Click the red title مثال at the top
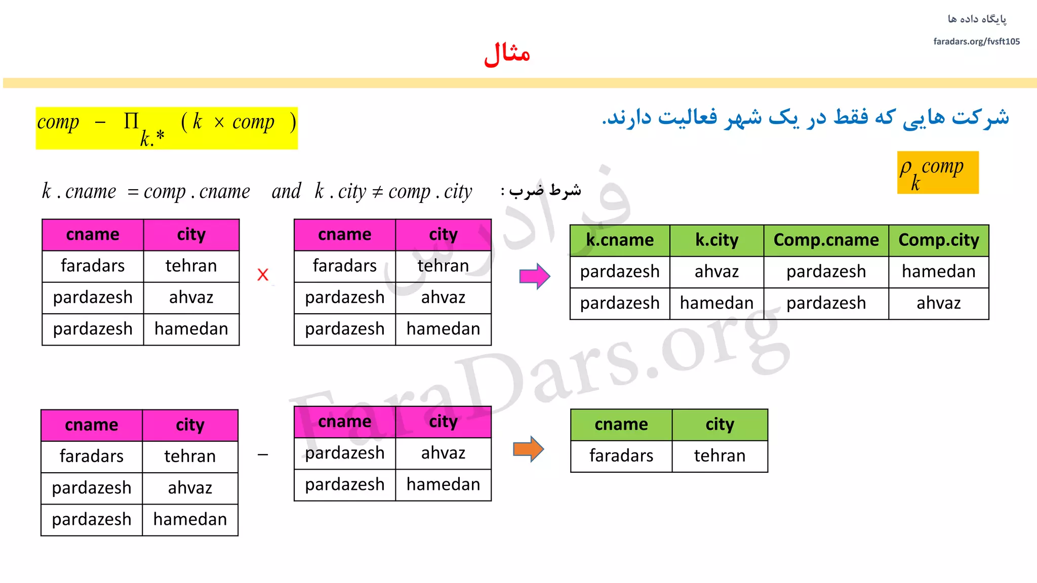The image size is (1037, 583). coord(507,54)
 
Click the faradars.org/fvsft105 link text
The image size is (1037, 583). coord(976,41)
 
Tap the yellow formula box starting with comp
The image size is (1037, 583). coord(167,128)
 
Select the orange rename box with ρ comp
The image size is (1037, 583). coord(937,173)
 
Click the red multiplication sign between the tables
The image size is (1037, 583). coord(262,275)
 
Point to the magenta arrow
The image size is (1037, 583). coord(534,276)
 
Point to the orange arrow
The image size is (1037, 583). coord(528,449)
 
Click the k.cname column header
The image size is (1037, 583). coord(620,240)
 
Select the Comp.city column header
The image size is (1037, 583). coord(938,240)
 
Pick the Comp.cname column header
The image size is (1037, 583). coord(826,240)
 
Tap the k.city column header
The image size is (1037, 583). coord(716,240)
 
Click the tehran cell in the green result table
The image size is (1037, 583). coord(720,456)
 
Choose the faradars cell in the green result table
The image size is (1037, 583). coord(621,456)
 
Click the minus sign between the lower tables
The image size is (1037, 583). coord(262,455)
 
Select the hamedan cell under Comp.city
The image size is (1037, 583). coord(938,272)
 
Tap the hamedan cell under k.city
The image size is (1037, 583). coord(716,303)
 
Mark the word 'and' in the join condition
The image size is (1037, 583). coord(286,191)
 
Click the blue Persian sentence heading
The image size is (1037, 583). coord(805,118)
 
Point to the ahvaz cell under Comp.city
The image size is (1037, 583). coord(938,303)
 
